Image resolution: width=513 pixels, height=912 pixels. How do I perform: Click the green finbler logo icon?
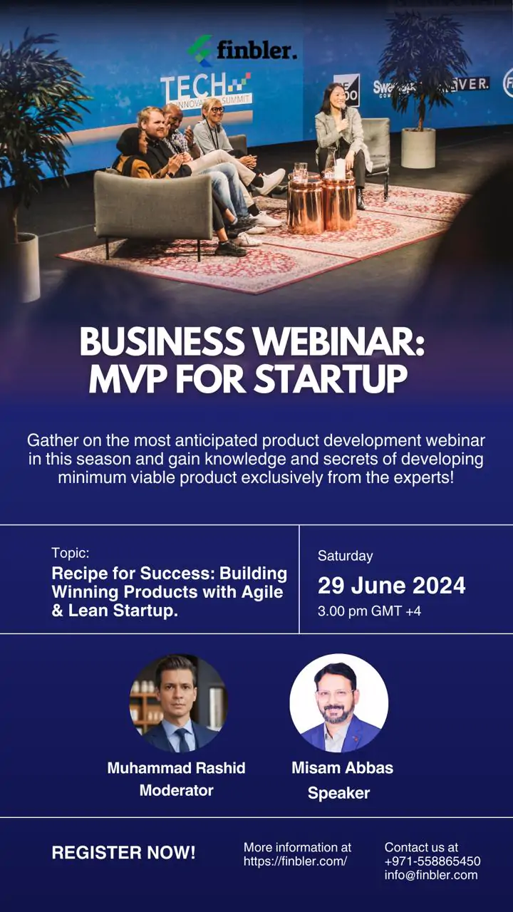coord(199,51)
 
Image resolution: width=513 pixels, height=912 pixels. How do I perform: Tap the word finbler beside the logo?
coord(257,51)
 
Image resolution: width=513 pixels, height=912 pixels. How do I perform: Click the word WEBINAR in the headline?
coord(339,341)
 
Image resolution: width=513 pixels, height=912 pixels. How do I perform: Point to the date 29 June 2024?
coord(391,585)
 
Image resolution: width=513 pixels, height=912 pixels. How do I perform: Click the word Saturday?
coord(346,556)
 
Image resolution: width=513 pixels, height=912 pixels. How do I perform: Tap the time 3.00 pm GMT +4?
coord(369,611)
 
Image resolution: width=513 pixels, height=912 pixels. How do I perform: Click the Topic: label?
coord(70,553)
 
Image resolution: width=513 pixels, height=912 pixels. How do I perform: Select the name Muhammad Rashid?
coord(176,768)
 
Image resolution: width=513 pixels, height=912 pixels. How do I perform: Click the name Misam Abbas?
coord(343,768)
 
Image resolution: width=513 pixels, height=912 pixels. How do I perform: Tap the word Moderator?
coord(176,791)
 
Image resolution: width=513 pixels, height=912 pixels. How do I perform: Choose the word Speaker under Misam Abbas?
coord(338,794)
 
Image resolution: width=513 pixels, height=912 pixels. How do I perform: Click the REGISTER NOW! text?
coord(123,853)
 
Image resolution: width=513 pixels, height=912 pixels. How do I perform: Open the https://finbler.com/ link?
coord(295,861)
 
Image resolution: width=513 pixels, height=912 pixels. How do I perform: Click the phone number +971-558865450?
coord(432,861)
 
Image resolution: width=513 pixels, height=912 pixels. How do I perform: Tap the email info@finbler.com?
coord(431,875)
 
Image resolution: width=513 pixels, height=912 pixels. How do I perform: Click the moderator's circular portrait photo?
coord(178,703)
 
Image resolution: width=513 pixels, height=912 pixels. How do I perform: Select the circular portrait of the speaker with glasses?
coord(338,703)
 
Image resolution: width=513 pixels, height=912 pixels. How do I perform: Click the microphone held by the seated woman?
coord(343,112)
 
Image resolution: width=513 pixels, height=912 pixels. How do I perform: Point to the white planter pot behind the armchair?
coord(418,147)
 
